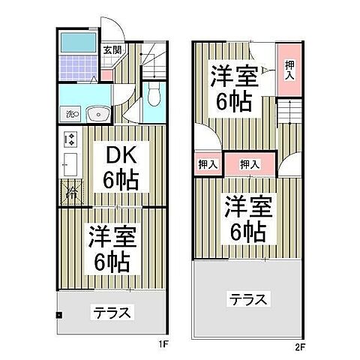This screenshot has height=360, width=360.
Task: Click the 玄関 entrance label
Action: pyautogui.click(x=111, y=50)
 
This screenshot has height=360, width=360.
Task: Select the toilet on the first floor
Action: pyautogui.click(x=153, y=95)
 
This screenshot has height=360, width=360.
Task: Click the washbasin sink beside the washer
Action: pyautogui.click(x=98, y=114)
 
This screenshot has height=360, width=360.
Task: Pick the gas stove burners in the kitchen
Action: pyautogui.click(x=70, y=139)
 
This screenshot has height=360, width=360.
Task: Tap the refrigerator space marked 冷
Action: pyautogui.click(x=72, y=192)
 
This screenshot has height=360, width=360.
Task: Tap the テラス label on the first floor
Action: pyautogui.click(x=112, y=310)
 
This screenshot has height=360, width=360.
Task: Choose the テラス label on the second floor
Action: pyautogui.click(x=247, y=299)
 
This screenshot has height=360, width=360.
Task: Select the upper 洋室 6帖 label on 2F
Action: pyautogui.click(x=233, y=88)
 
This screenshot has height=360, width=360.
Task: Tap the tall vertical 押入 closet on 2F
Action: pyautogui.click(x=289, y=71)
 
